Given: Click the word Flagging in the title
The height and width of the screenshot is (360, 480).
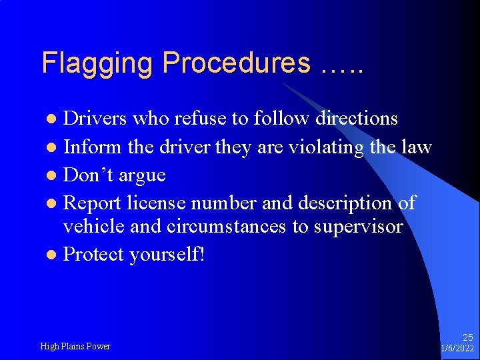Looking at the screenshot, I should click(98, 63).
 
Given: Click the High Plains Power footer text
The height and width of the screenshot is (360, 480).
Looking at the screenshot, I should click(75, 346).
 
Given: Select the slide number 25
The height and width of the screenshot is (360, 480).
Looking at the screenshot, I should click(468, 338).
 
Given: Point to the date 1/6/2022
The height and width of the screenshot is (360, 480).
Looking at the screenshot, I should click(457, 349).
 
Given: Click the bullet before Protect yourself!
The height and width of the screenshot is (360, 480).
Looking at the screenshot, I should click(53, 255).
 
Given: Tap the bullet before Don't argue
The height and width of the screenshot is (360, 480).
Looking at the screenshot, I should click(53, 176).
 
